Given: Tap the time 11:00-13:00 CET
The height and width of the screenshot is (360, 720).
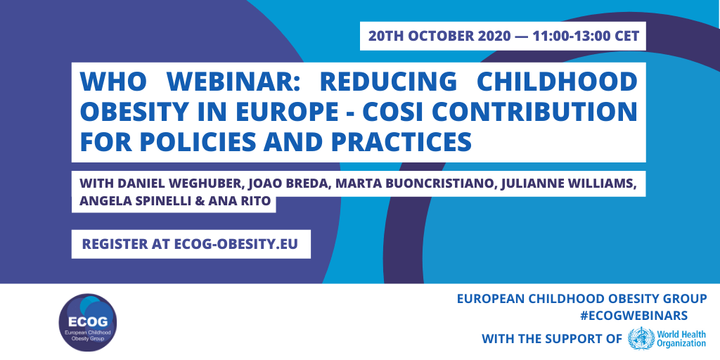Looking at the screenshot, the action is (586, 36).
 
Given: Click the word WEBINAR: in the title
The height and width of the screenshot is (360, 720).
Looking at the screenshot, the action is (232, 82).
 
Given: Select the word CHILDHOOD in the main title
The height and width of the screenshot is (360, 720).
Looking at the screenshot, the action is (558, 82).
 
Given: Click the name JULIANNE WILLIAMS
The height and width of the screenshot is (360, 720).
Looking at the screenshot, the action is (567, 184).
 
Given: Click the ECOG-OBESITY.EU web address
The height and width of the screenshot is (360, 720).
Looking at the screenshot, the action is (236, 244).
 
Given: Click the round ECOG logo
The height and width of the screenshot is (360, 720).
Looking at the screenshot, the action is (88, 322).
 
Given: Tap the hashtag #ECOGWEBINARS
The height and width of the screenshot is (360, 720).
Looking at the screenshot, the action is (634, 316).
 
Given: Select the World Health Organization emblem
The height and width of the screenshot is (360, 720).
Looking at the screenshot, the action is (641, 339).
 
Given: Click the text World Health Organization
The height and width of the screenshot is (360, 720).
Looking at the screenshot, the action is (681, 339).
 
